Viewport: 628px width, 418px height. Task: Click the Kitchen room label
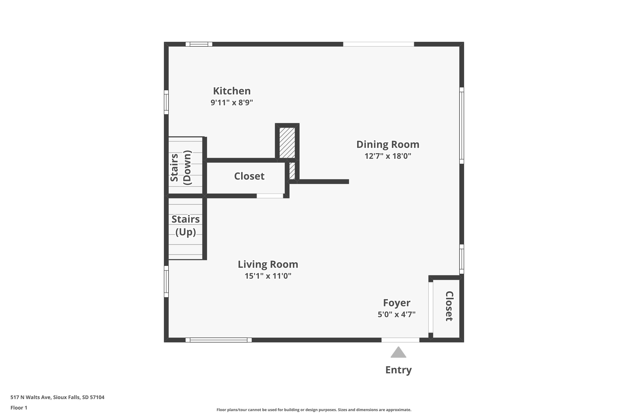[x=232, y=91]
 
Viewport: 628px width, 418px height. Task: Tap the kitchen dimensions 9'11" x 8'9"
[x=232, y=102]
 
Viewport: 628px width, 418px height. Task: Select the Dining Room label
[x=388, y=144]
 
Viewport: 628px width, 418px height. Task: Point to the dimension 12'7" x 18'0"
[x=388, y=156]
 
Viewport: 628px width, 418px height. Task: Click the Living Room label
[x=268, y=264]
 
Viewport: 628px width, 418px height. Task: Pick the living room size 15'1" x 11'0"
[x=268, y=276]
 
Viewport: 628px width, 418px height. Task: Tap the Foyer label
[x=396, y=303]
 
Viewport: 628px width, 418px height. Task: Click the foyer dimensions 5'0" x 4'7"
[x=396, y=315]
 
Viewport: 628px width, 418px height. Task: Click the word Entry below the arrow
[x=398, y=370]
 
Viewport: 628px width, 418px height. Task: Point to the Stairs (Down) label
[x=181, y=168]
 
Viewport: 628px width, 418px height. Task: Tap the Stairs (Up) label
[x=185, y=226]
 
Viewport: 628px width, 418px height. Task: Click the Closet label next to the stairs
[x=249, y=176]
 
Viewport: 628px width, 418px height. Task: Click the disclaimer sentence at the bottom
[x=314, y=410]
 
